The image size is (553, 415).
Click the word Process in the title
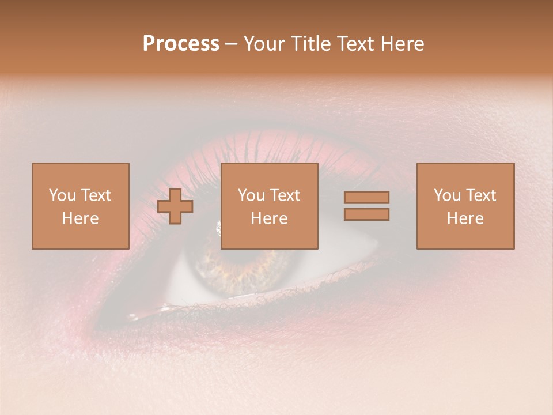(181, 44)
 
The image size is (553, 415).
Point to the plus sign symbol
(175, 206)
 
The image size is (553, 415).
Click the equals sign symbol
(366, 206)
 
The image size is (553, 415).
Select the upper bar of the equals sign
(366, 197)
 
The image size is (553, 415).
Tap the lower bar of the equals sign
(366, 214)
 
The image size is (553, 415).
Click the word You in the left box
(62, 195)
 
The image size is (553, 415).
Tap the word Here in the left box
(80, 218)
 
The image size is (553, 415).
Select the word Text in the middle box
(285, 195)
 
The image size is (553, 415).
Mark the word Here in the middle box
(269, 218)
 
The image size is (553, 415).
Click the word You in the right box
(447, 195)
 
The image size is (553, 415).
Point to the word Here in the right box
(465, 218)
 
